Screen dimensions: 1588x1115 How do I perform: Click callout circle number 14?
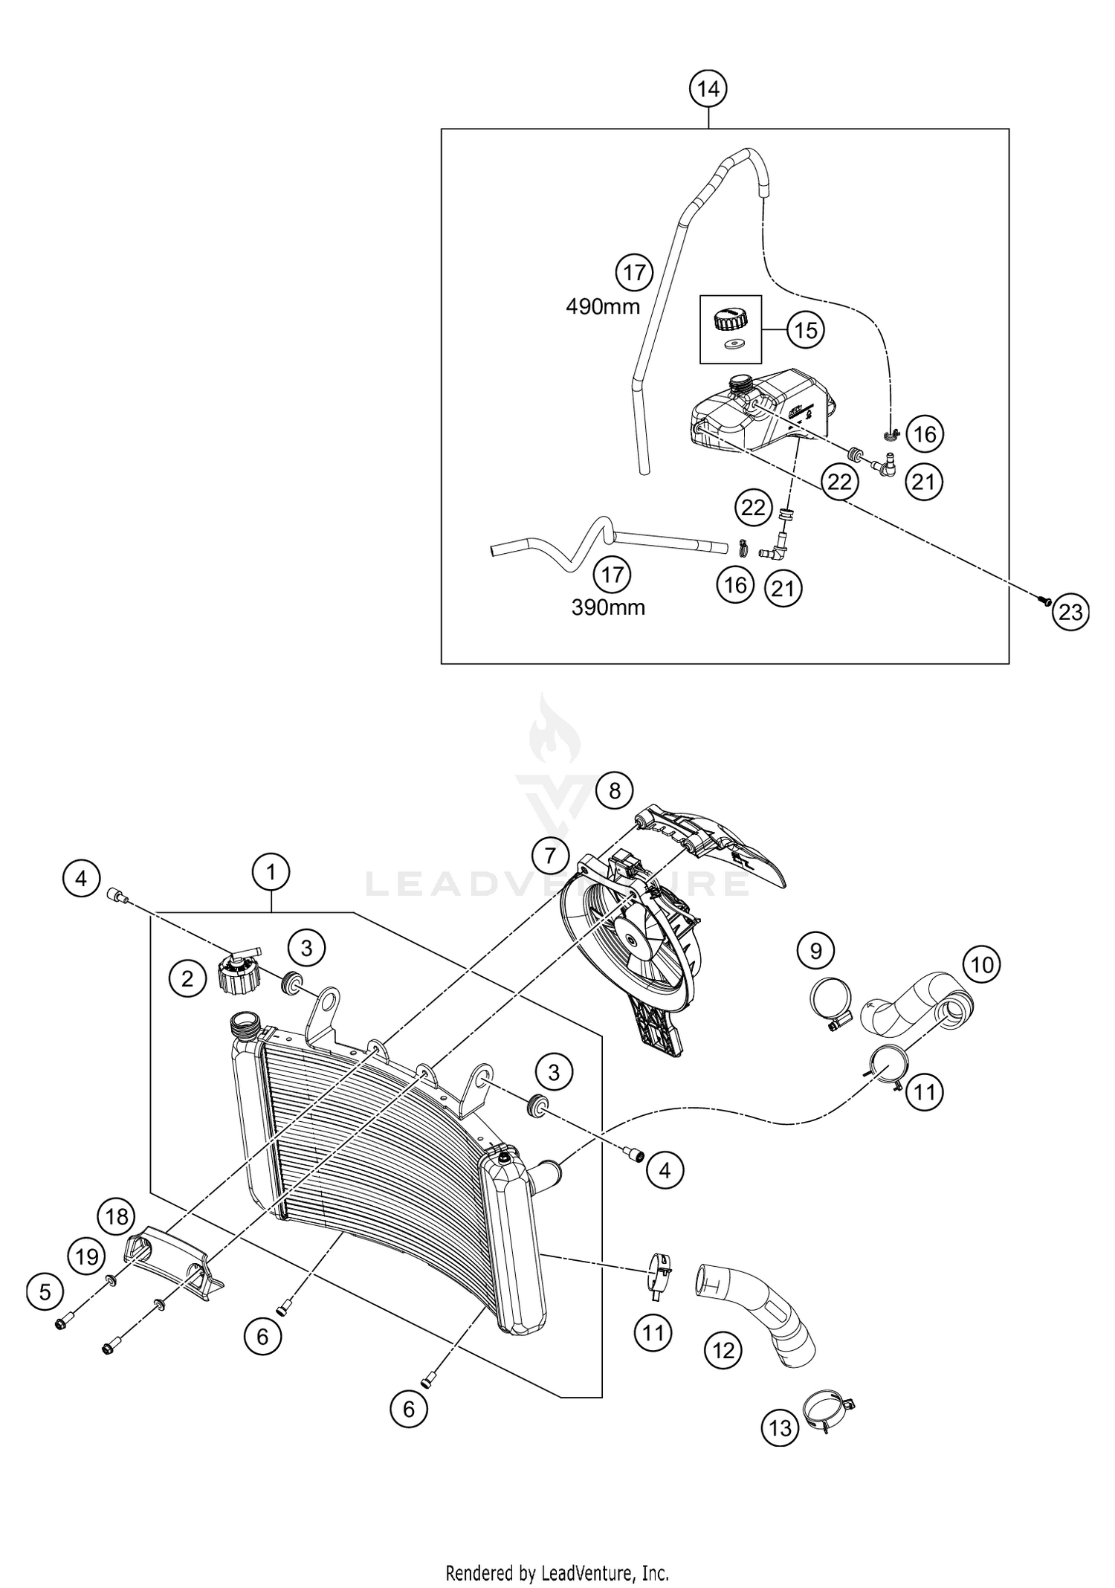pos(708,89)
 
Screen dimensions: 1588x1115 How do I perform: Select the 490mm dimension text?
pos(603,306)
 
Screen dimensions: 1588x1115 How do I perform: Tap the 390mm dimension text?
pos(608,607)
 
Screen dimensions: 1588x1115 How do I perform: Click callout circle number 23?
pos(1070,612)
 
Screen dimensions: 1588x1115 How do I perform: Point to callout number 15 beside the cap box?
pos(806,329)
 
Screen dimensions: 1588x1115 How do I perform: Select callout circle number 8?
pos(614,790)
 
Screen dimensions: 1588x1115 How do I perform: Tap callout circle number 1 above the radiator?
pos(271,872)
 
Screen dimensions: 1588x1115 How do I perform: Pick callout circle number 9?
pos(816,950)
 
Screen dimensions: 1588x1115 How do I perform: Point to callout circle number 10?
pos(982,965)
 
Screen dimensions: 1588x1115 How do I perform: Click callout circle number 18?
pos(117,1216)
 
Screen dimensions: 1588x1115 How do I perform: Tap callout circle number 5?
pos(45,1292)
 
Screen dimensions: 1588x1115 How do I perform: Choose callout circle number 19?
pos(87,1256)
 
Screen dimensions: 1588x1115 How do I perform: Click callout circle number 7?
pos(549,856)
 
